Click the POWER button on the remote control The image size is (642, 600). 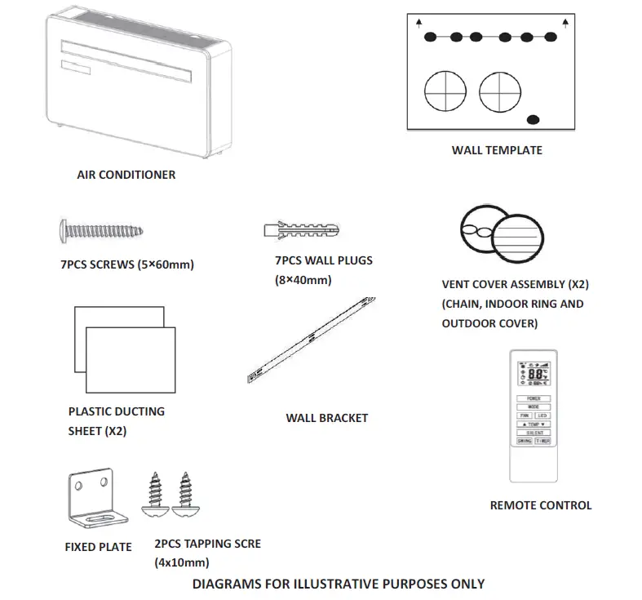tap(534, 398)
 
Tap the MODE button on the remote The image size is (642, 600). tap(534, 407)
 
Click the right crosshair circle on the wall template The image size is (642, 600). tap(499, 91)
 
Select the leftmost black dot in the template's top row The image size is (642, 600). tap(431, 37)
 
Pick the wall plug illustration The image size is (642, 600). tap(299, 229)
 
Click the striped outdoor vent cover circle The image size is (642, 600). tap(520, 237)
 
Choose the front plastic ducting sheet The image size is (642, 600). tap(131, 360)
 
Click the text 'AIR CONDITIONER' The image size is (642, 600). tap(126, 175)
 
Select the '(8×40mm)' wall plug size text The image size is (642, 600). tap(303, 280)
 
